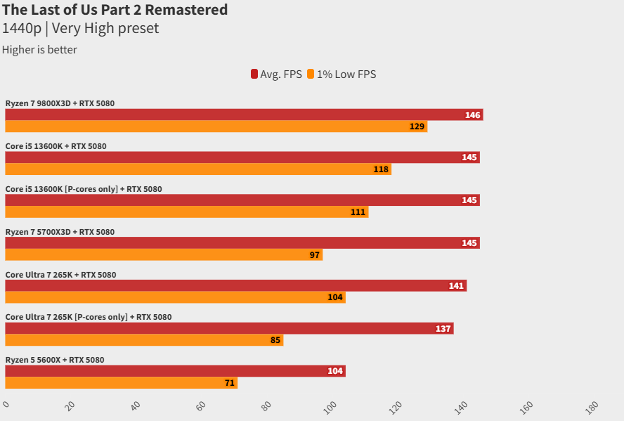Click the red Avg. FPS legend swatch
tap(254, 74)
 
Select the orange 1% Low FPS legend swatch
tap(311, 74)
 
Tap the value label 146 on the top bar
tap(472, 115)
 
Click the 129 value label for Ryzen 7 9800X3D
tap(417, 127)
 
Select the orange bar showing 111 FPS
tap(186, 212)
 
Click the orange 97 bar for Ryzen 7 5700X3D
tap(163, 254)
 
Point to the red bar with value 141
tap(235, 286)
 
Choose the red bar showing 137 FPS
tap(229, 328)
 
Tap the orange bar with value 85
tap(144, 340)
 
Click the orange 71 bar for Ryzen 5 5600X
tap(121, 383)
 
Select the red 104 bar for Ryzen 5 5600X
tap(175, 371)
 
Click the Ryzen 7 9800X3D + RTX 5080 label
tap(60, 103)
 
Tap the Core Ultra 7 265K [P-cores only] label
tap(89, 317)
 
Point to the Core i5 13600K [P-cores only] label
tap(84, 189)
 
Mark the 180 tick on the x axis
tap(592, 406)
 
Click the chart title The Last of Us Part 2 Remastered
tap(115, 10)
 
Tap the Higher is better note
tap(39, 50)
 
